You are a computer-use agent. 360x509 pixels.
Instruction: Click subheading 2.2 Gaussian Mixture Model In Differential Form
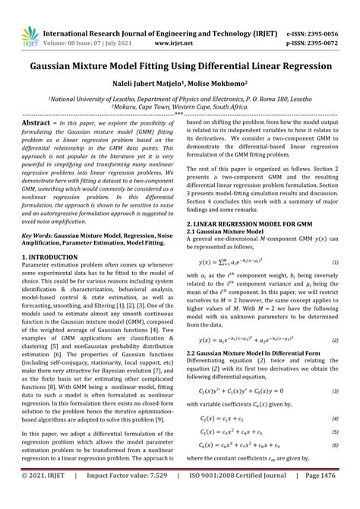(x=259, y=353)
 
